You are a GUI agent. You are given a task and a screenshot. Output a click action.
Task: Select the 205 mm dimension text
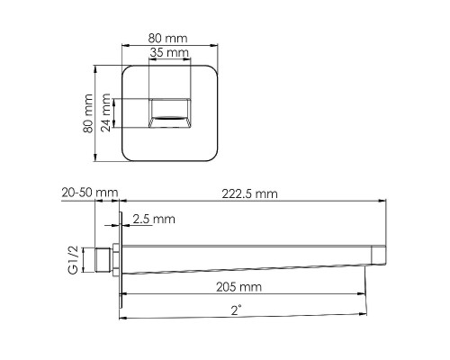coord(239,287)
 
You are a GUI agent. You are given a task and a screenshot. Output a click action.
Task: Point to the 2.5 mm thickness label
coord(154,219)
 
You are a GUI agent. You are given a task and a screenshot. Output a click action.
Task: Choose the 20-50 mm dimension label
coord(91,193)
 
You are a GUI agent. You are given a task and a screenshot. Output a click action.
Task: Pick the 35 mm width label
coord(169,54)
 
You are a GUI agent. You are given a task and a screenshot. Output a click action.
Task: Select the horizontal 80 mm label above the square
coord(169,39)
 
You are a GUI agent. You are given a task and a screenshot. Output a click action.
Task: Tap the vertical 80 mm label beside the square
coord(88,113)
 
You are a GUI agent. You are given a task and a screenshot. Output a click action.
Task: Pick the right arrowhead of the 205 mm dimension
coord(364,295)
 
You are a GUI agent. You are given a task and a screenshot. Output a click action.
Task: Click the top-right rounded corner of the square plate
coord(213,70)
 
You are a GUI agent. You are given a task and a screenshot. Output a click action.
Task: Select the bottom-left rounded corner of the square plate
coord(125,158)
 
